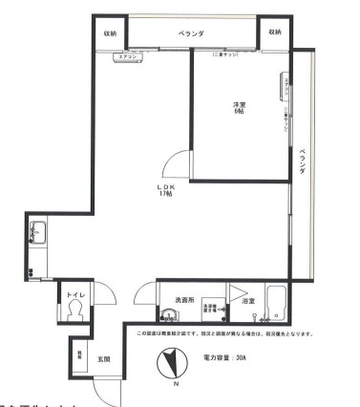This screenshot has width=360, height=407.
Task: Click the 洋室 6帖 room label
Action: tap(240, 107)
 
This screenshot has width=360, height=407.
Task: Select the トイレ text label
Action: tap(76, 295)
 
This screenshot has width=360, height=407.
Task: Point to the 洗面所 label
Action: tap(183, 301)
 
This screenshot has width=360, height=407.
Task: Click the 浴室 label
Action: tap(247, 301)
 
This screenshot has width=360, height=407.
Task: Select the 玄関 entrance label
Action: tap(104, 359)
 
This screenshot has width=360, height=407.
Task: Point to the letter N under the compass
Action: tap(176, 387)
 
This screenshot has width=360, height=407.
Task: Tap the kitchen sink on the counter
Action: tap(38, 231)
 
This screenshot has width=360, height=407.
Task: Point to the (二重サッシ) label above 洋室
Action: tap(238, 54)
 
